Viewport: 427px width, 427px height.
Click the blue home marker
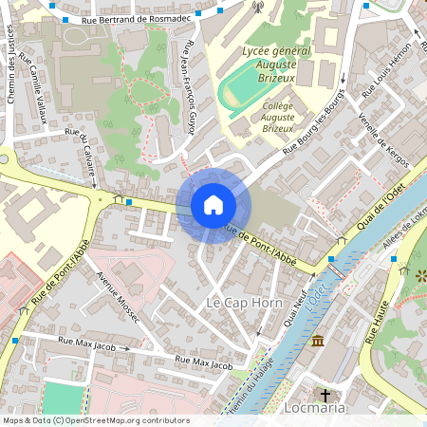213,205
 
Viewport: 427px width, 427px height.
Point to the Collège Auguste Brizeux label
277,118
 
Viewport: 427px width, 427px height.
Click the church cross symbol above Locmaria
325,394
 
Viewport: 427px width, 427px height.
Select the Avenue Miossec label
119,295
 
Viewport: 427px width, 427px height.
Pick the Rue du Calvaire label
82,149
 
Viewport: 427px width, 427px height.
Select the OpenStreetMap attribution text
96,420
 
